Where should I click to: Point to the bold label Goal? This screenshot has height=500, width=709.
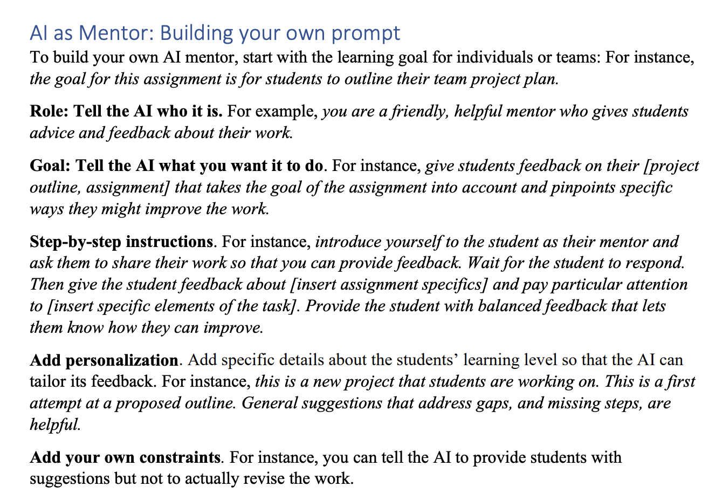tap(50, 166)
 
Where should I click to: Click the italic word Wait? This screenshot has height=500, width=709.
tap(483, 263)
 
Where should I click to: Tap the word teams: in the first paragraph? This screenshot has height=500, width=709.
tap(576, 57)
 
